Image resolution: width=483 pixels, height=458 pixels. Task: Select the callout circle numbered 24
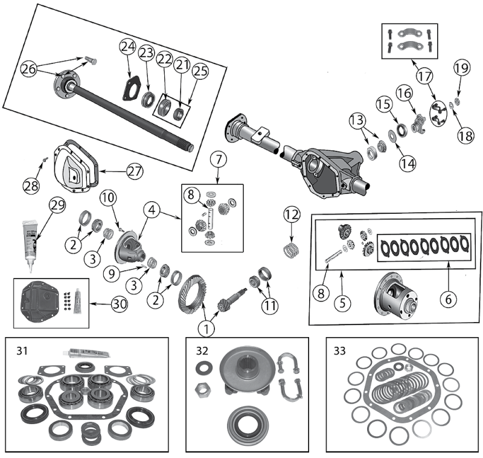pos(127,47)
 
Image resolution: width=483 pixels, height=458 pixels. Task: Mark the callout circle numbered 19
pos(461,68)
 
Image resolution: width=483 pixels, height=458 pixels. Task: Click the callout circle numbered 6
pos(447,297)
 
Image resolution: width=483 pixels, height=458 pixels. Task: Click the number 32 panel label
pos(202,350)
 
